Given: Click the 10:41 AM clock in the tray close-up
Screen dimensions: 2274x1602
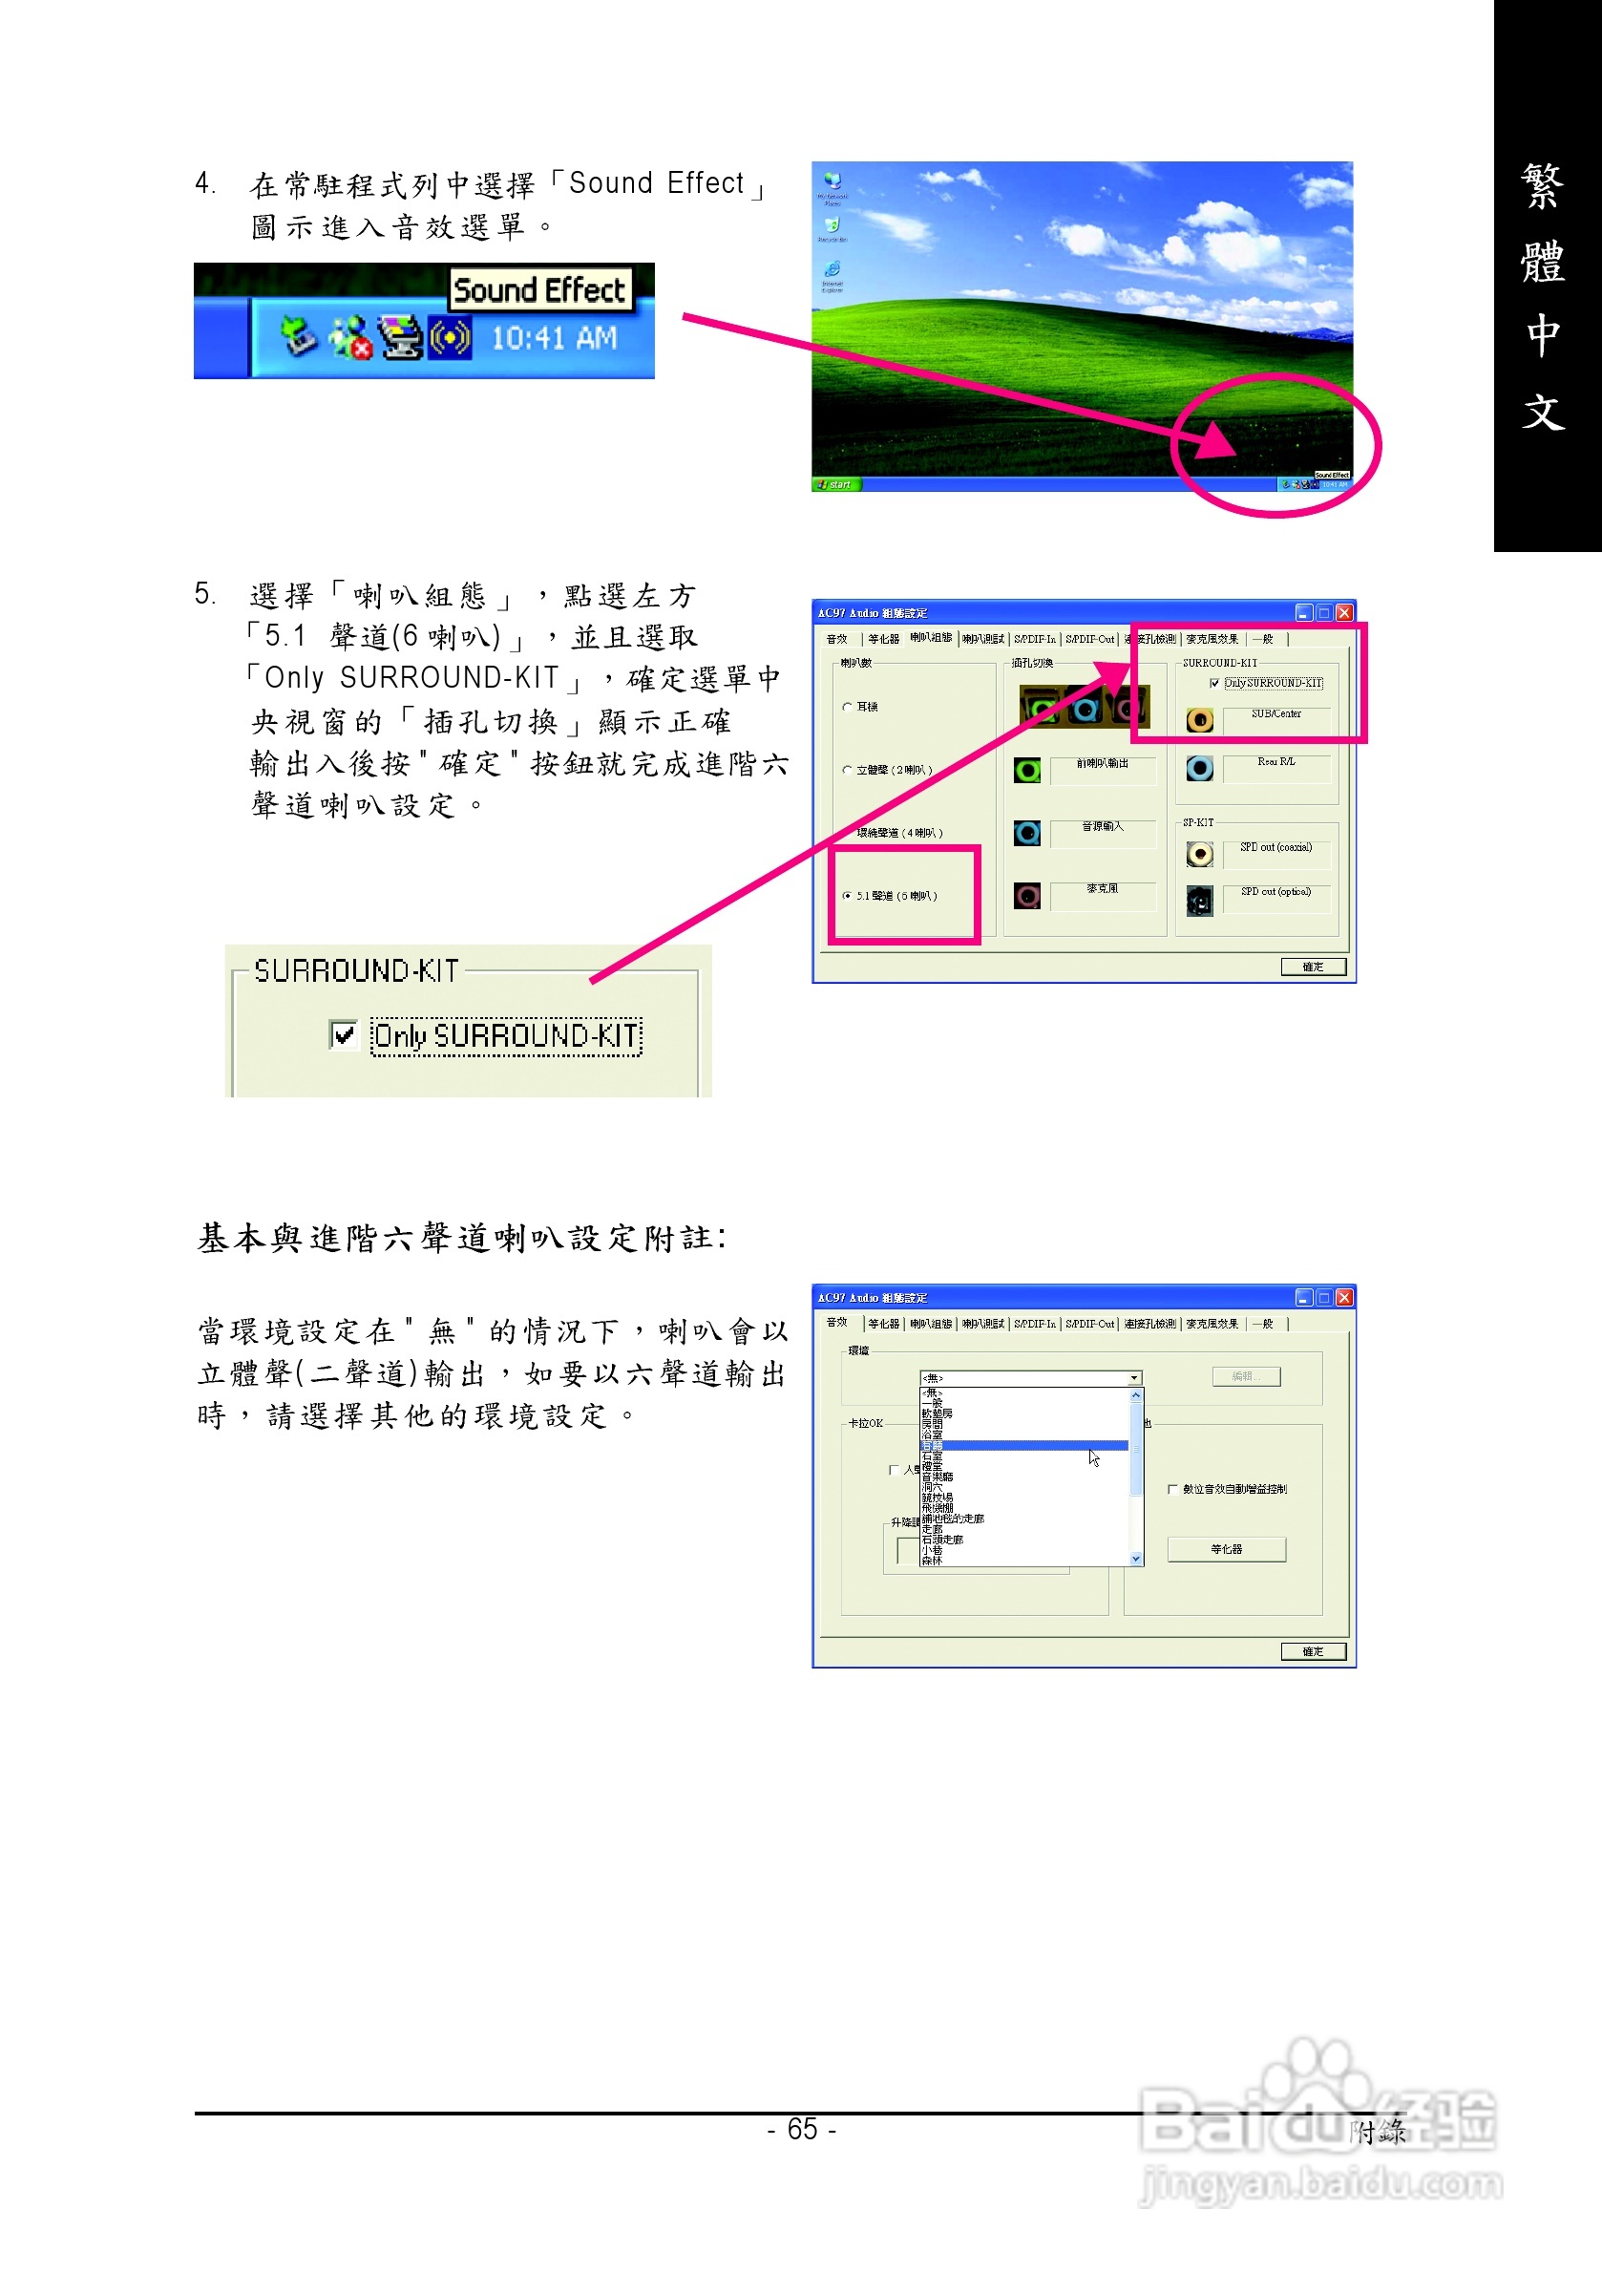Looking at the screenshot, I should pos(554,339).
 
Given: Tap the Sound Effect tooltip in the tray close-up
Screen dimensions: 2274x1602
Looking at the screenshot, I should pos(539,290).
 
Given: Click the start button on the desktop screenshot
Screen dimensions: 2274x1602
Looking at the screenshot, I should pos(834,484).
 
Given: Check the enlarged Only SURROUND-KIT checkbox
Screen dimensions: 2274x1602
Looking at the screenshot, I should pos(344,1035).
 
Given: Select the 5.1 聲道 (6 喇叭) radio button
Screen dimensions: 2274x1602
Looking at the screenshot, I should pos(848,895).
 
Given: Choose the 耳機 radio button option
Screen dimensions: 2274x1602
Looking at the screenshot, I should pos(848,706).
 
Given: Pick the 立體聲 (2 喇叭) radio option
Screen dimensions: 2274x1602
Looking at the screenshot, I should pos(848,770).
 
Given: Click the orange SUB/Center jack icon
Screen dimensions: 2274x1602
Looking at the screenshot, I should pos(1199,720).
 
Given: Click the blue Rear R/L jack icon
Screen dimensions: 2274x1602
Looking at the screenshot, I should pos(1199,768).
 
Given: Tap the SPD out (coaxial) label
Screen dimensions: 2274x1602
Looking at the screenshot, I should pos(1275,848).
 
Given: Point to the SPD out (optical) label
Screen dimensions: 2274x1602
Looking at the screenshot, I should pos(1275,892).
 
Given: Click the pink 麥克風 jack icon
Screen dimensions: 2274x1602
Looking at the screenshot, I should pos(1026,897).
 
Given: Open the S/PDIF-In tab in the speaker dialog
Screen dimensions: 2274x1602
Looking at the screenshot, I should pos(1035,640).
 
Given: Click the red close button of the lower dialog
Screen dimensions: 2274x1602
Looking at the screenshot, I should pos(1343,1297).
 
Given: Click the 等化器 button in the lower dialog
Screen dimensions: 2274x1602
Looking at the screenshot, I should pos(1226,1549).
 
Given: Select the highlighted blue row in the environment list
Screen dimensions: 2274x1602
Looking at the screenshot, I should pos(1023,1446).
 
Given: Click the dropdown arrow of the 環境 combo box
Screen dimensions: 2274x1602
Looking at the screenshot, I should pos(1134,1377).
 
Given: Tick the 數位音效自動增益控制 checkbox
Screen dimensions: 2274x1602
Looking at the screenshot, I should pos(1173,1489).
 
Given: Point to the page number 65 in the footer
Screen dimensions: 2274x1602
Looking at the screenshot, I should pos(802,2129).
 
